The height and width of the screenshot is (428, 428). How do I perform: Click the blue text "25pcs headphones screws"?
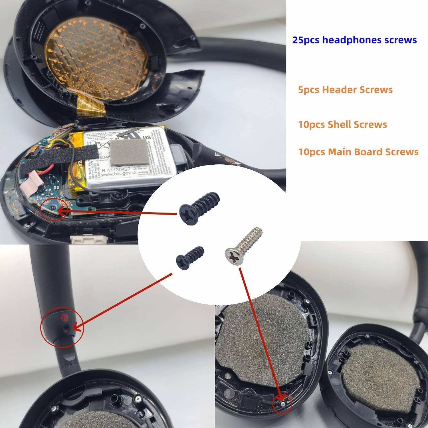point(354,40)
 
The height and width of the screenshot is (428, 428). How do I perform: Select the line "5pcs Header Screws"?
point(345,90)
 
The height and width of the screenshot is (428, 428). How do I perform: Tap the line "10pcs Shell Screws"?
point(342,124)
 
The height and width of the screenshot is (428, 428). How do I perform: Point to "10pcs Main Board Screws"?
point(358,152)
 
